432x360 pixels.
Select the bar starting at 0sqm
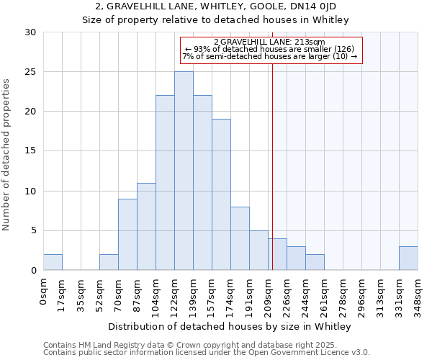tap(53, 262)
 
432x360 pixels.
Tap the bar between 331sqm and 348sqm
tap(408, 258)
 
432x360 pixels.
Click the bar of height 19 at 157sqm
tap(221, 194)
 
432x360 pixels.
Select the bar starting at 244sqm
tap(315, 262)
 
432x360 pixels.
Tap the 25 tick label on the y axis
tap(31, 72)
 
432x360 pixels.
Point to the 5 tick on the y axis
tap(34, 230)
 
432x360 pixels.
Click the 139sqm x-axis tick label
tap(194, 292)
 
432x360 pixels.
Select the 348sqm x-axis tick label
tap(418, 292)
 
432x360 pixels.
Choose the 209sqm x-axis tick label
tap(269, 292)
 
